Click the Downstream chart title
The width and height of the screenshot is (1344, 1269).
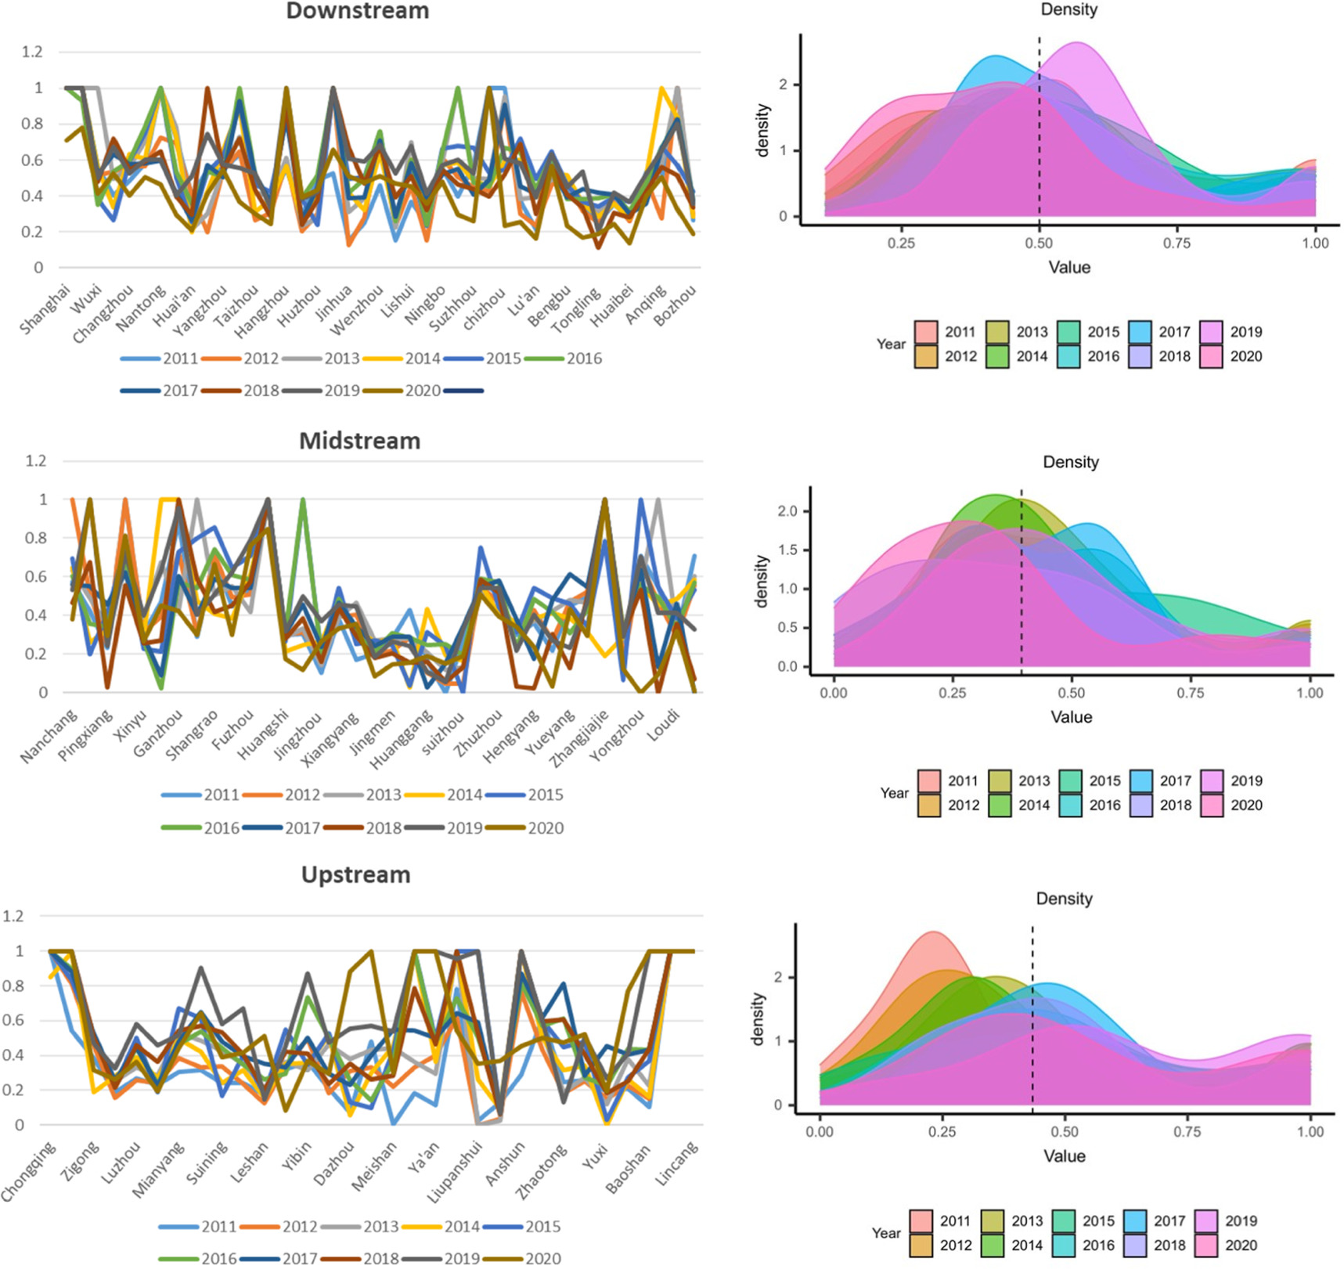[x=357, y=11]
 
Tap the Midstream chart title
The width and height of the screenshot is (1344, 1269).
[x=359, y=441]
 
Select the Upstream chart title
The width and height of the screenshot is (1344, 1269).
[x=355, y=874]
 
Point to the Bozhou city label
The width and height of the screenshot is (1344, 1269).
[x=674, y=306]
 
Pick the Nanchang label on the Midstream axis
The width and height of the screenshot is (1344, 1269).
[x=49, y=736]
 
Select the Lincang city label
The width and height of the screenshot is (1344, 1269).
[x=676, y=1164]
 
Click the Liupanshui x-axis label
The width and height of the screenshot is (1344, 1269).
[x=455, y=1172]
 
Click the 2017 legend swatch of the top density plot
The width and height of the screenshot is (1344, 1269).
[x=1141, y=332]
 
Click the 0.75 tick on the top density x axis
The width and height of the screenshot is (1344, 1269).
[x=1176, y=243]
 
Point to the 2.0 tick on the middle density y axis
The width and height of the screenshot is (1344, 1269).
[x=787, y=511]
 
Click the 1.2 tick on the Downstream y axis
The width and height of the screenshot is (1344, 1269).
[x=32, y=52]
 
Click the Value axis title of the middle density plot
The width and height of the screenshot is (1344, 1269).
[x=1071, y=717]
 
